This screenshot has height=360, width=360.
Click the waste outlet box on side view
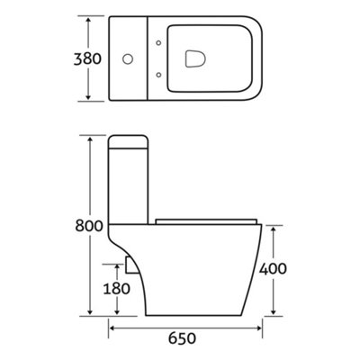point(130,264)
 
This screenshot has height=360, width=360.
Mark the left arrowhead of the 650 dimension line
point(112,329)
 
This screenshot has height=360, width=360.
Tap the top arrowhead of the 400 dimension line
point(274,227)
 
